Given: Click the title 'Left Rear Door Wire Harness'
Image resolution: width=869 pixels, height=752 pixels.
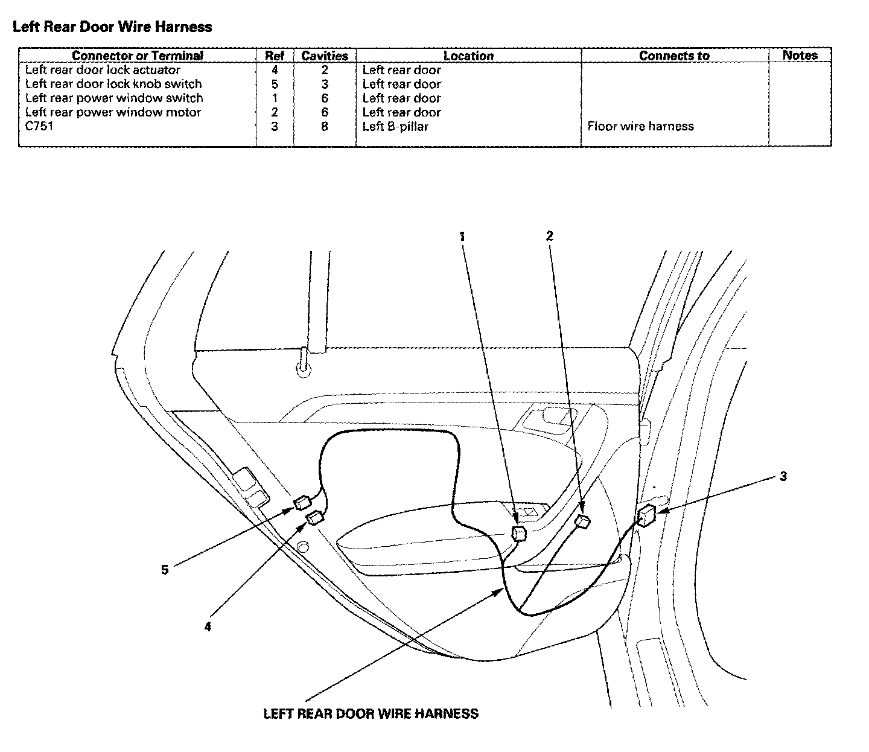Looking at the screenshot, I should coord(112,27).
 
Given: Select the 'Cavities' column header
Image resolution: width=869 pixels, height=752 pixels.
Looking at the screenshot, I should coord(325,56).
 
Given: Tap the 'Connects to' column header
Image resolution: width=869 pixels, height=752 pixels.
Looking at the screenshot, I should coord(674,56).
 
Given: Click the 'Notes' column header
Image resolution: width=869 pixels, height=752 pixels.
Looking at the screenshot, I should coord(800,55).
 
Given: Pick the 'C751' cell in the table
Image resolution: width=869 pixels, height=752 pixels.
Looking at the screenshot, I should coord(39,126).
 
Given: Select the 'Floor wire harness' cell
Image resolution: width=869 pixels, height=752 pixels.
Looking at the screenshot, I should coord(640,126).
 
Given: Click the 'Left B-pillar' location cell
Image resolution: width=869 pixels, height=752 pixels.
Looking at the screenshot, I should coord(395,126).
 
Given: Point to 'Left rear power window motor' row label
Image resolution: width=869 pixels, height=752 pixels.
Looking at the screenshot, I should coord(113,112).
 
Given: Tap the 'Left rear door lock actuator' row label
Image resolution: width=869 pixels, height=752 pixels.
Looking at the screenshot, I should coord(103,70).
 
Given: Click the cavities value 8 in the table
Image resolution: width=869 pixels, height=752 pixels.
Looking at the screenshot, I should coord(325,126).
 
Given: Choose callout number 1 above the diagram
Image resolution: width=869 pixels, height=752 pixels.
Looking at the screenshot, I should coord(462,237).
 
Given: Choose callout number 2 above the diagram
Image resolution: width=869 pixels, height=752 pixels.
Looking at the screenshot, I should coord(549,236).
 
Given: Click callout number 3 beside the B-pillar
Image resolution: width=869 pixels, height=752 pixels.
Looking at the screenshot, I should coord(783,477).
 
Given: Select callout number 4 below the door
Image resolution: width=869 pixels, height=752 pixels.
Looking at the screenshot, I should coord(208,626).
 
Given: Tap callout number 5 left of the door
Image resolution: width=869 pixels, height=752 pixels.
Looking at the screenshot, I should coord(165,569).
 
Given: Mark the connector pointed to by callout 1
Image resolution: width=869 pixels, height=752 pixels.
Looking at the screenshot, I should coord(518,533).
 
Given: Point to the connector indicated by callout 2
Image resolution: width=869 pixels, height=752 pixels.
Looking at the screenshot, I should coord(582,521).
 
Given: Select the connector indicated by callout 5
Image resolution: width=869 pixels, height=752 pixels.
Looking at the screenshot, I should coord(302,502).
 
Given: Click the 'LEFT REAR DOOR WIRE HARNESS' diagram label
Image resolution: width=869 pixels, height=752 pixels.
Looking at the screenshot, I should coord(371,713).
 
